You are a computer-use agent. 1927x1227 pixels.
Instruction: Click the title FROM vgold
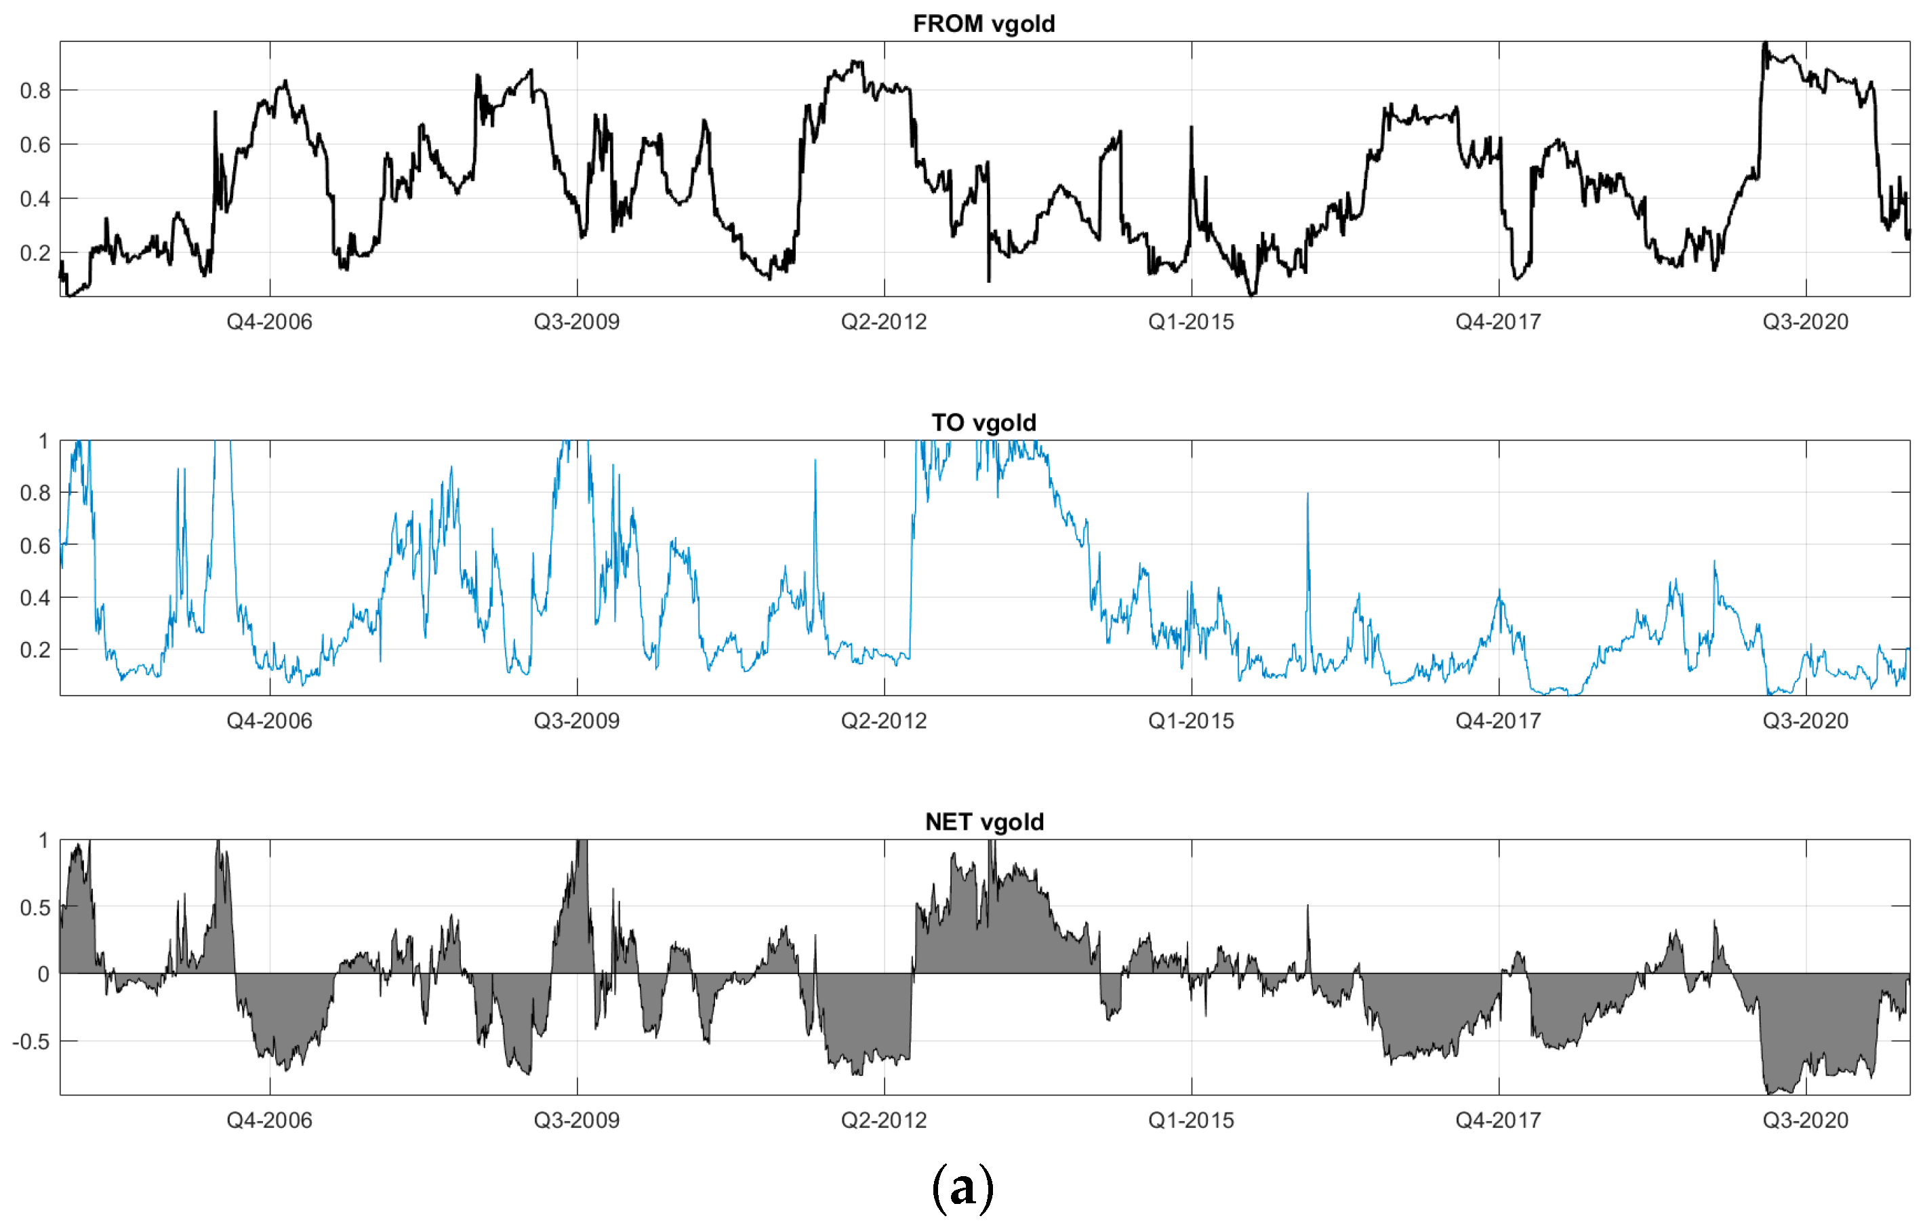click(x=983, y=23)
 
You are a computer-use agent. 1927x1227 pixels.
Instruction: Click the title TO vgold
click(x=983, y=422)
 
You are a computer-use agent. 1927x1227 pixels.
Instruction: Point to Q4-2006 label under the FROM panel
click(x=269, y=322)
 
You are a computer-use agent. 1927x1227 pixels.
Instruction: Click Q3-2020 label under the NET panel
click(x=1806, y=1120)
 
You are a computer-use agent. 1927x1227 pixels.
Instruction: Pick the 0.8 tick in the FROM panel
click(x=35, y=90)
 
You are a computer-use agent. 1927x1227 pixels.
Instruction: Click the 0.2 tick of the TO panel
click(x=35, y=650)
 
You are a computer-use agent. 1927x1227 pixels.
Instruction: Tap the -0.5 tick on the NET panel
click(x=32, y=1041)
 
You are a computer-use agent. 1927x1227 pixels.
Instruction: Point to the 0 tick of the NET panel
click(x=43, y=974)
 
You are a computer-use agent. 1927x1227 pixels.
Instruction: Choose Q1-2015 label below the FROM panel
click(x=1191, y=322)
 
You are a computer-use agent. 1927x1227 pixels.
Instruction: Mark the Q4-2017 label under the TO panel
click(x=1498, y=721)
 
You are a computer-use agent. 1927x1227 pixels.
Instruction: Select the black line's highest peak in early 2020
click(x=1766, y=44)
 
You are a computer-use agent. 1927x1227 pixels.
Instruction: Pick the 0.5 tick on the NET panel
click(x=35, y=908)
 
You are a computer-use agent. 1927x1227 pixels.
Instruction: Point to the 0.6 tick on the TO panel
click(x=35, y=546)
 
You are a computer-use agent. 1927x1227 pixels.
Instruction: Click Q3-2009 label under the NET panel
click(x=576, y=1120)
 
